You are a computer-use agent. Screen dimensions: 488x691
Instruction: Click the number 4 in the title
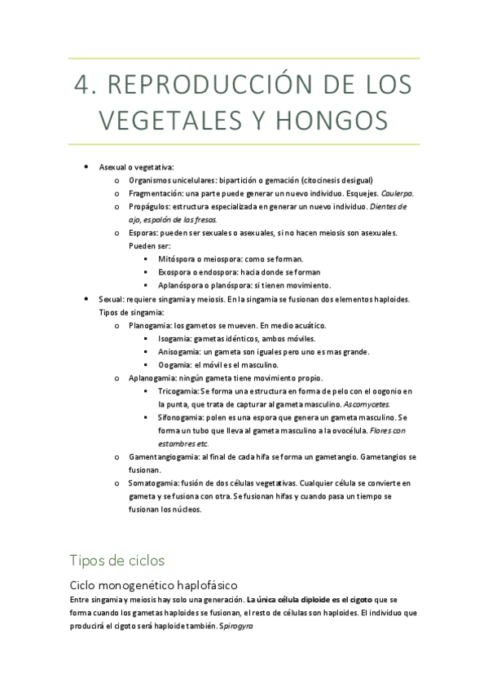(80, 85)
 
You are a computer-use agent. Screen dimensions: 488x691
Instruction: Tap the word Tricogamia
(178, 391)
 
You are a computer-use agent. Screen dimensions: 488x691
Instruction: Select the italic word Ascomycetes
(367, 404)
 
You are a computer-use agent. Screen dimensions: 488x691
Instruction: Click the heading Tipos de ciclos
(117, 561)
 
